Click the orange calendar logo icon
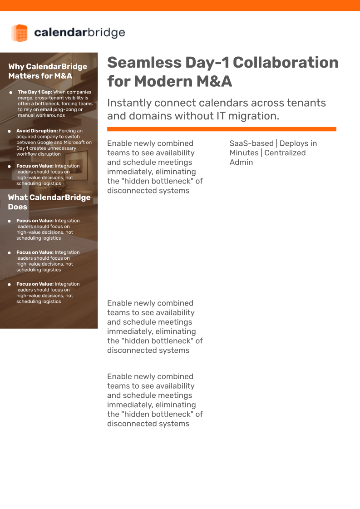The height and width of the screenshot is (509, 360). coord(20,33)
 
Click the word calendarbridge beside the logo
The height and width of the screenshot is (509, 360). coord(79,33)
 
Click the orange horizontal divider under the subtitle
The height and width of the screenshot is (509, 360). coord(222,129)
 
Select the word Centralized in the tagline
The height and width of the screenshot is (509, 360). coord(285,153)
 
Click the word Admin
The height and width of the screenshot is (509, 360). coord(241,163)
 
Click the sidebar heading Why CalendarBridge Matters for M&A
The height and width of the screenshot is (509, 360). coord(48,71)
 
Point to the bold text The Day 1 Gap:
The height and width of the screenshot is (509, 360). coord(35,92)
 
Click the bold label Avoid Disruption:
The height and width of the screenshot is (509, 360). coord(37,131)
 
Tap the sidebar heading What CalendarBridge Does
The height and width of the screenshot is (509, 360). coord(49,202)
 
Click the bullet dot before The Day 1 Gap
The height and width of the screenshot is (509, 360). coord(10,93)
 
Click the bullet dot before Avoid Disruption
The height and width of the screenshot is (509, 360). coord(10,131)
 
